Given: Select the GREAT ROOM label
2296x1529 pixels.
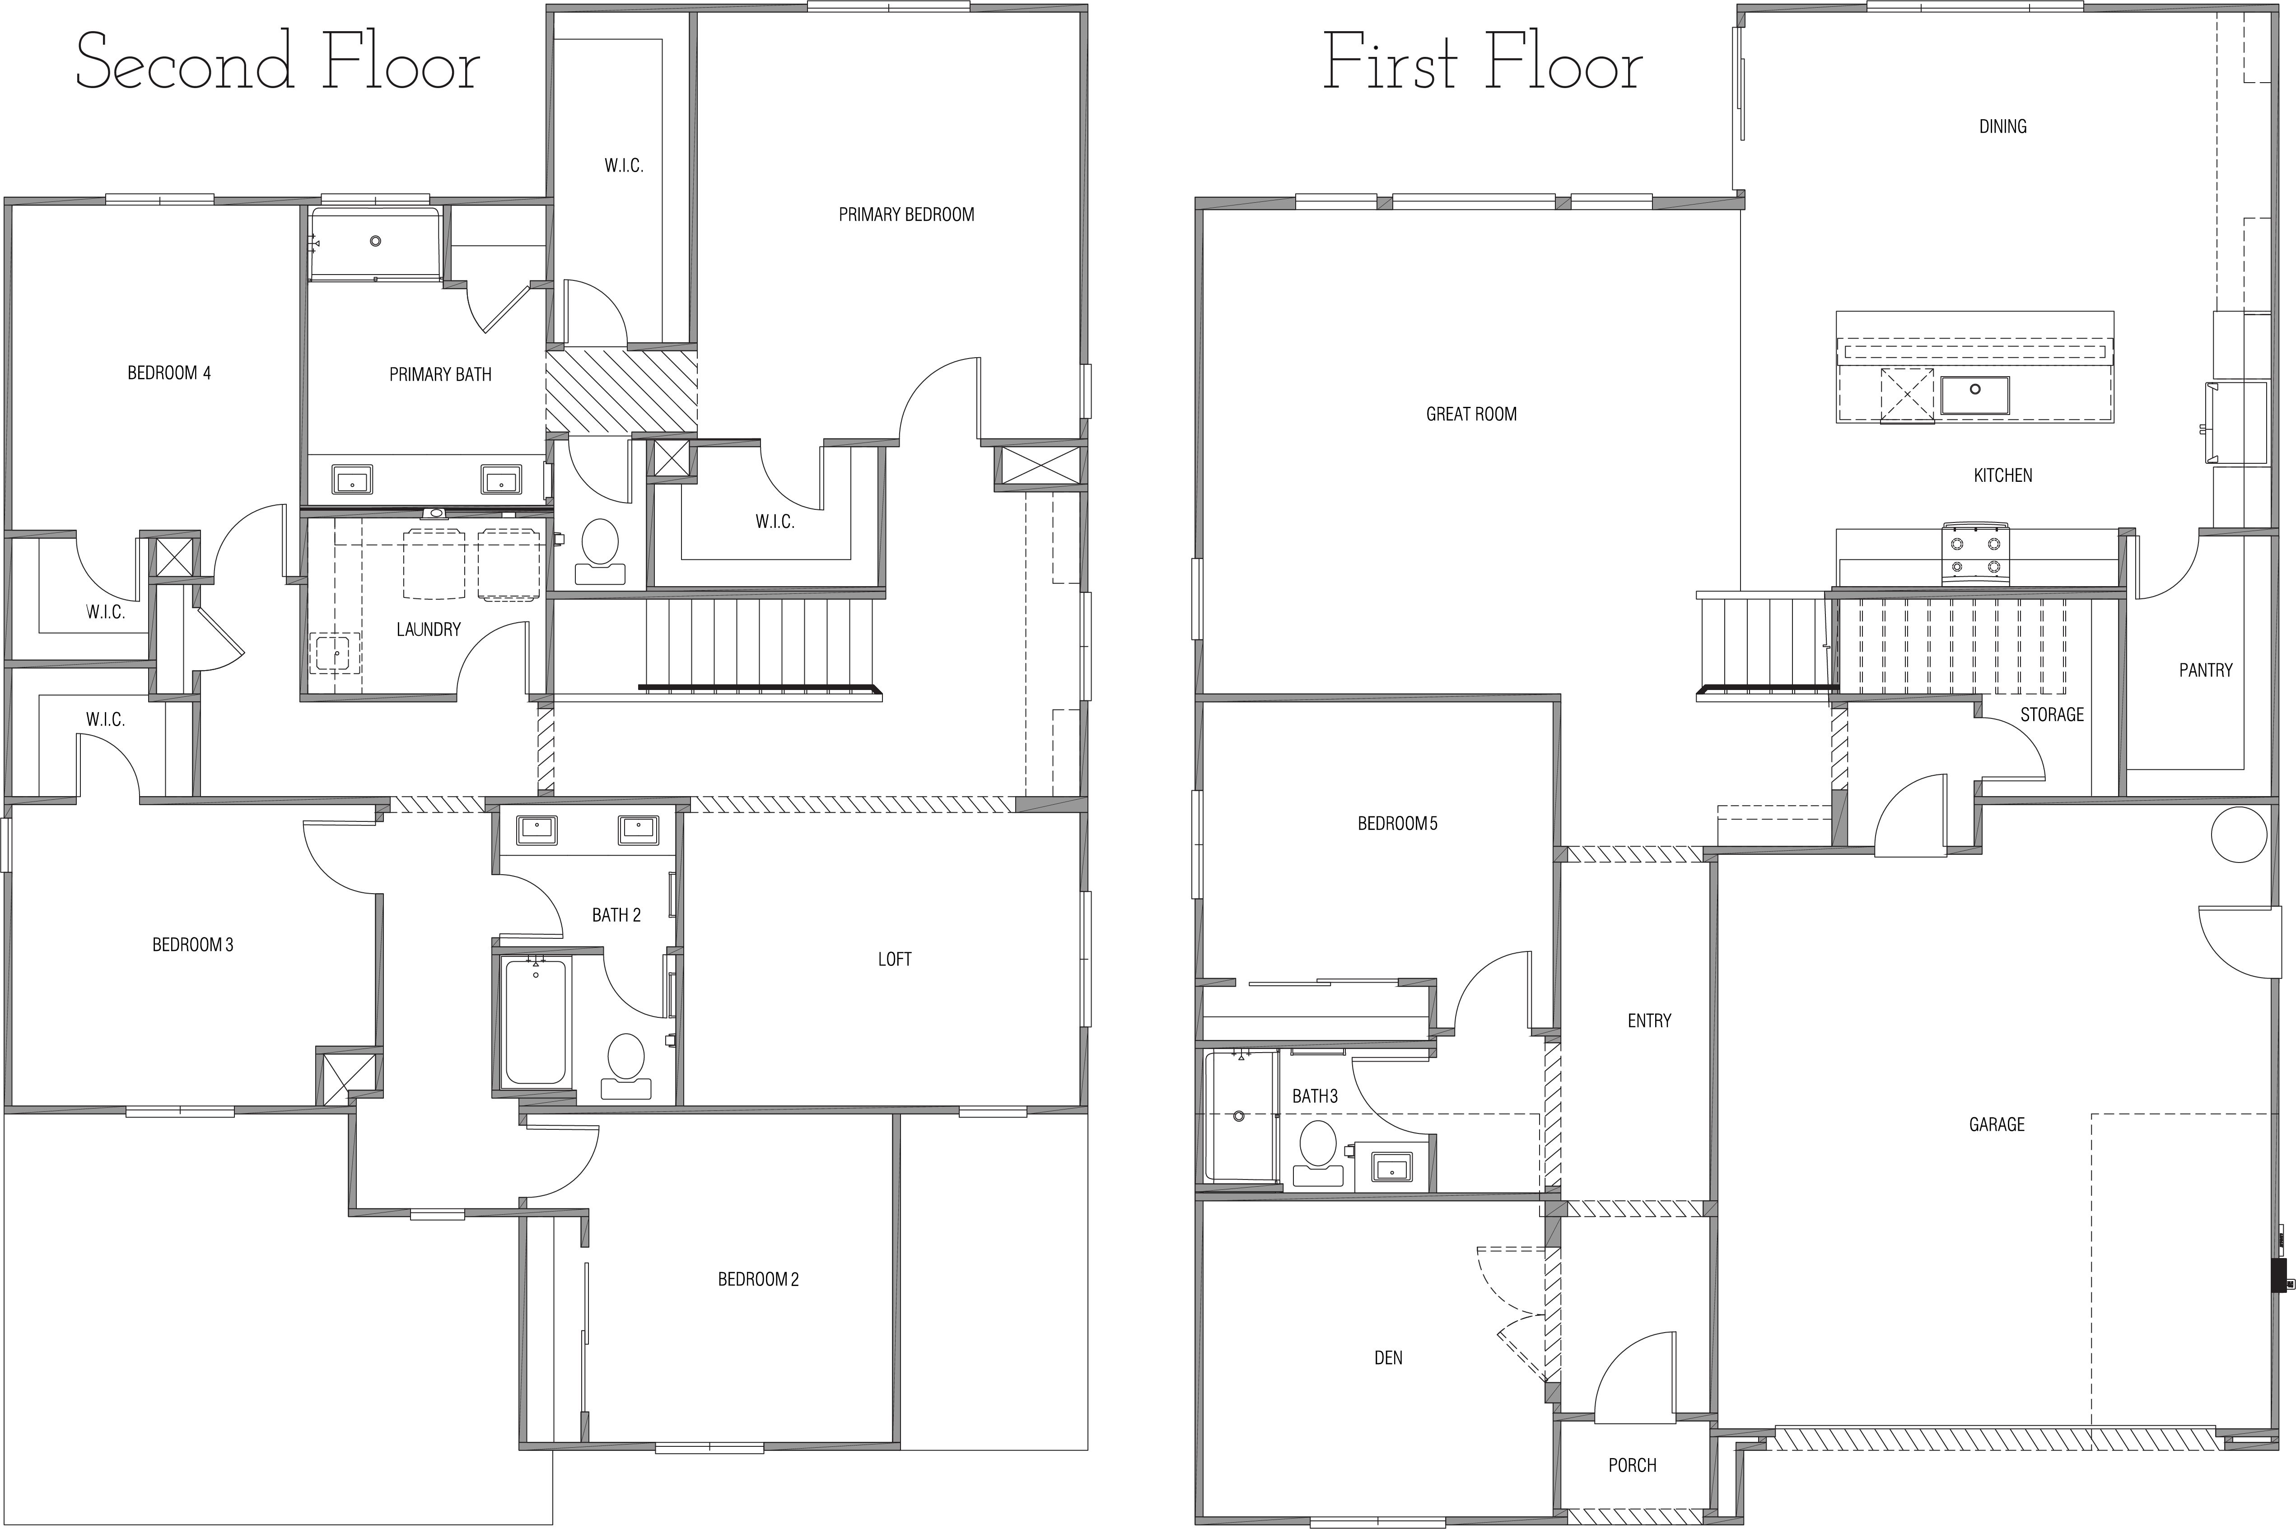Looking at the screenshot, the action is click(x=1471, y=415).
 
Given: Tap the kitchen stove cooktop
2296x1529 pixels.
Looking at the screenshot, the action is click(x=1975, y=554).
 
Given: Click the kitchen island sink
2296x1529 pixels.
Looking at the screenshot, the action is click(x=1974, y=395).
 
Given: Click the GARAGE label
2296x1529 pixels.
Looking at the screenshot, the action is click(x=1997, y=1124).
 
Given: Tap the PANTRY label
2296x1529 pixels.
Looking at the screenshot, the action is click(x=2205, y=670).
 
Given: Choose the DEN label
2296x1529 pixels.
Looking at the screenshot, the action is click(x=1388, y=1357).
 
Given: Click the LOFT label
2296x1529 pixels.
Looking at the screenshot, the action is click(x=894, y=960).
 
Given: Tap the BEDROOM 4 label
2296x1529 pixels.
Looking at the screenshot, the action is click(x=168, y=373).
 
